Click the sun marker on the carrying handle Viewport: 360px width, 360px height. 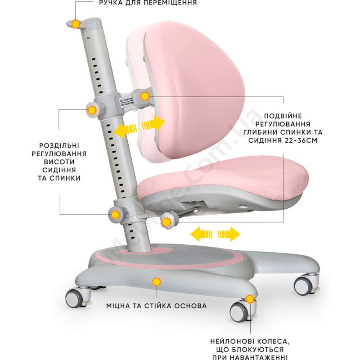pos(76,24)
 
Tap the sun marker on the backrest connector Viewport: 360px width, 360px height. pos(145,96)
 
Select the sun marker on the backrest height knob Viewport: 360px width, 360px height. pos(92,110)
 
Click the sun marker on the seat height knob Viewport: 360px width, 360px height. pos(115,215)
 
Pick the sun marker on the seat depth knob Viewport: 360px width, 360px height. pos(166,222)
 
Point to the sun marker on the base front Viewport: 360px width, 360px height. pos(157,282)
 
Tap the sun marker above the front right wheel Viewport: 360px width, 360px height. pos(250,299)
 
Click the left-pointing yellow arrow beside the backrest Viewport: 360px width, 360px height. pos(125,130)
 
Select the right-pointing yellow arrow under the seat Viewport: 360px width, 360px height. pos(229,234)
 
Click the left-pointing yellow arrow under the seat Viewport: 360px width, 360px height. pos(201,234)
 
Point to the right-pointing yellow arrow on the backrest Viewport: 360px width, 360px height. pos(153,123)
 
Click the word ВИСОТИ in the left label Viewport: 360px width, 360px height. pos(59,162)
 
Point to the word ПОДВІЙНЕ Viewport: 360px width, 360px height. pos(283,116)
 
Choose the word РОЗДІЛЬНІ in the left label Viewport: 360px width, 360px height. pos(59,145)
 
